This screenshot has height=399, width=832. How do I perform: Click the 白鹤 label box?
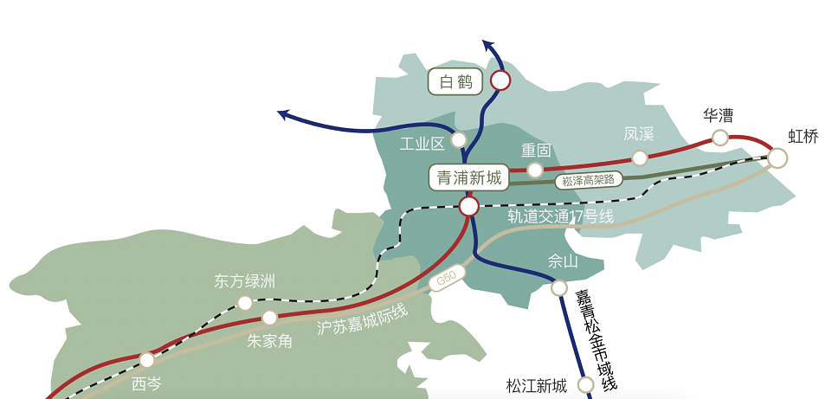[455, 82]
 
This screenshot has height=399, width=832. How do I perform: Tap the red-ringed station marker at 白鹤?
[500, 81]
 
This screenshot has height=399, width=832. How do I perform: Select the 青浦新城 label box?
[468, 178]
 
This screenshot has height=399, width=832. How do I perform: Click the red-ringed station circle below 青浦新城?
[469, 206]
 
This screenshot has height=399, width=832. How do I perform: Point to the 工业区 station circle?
[459, 139]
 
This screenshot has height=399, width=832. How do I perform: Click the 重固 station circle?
[535, 170]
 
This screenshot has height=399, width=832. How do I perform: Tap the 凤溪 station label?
[638, 134]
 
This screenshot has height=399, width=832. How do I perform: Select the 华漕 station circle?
[719, 138]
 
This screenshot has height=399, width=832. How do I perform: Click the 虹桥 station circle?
[777, 158]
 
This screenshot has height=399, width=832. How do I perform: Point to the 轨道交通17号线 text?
[560, 216]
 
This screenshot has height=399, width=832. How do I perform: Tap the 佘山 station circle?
[559, 287]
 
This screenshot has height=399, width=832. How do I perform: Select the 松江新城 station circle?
[586, 384]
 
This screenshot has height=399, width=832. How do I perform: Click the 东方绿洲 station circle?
[245, 303]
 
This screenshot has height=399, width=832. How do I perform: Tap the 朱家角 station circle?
[270, 318]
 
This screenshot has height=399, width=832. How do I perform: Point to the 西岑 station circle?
[147, 360]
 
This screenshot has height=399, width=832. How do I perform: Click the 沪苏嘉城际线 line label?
[363, 319]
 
